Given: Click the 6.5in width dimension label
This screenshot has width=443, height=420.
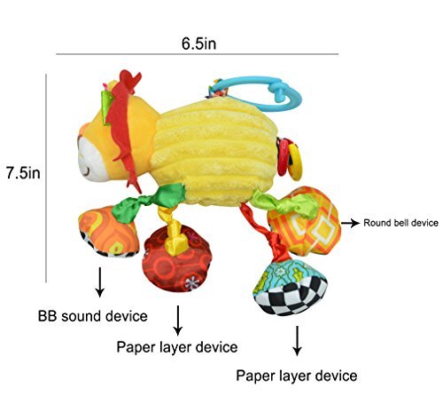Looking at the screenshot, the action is coord(198,44).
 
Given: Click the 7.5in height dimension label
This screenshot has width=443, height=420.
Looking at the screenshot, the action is coord(23,173).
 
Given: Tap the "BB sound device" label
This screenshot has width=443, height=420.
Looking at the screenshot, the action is coord(93,316).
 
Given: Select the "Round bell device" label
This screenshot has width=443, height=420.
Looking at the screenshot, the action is coord(400,223).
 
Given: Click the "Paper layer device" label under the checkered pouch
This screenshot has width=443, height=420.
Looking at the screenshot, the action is coord(297,376).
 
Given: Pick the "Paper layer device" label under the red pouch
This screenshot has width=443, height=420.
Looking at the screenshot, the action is coord(177,347).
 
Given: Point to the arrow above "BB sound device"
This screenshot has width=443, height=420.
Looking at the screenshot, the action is coord(100,282).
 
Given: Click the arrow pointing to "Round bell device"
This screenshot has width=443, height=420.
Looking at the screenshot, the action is coord(351,223).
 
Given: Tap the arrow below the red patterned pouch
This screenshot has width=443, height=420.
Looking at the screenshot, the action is coord(178,321).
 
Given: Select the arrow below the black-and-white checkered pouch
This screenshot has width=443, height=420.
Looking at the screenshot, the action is coord(297,341).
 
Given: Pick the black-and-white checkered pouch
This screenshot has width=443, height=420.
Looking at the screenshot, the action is coord(291,288).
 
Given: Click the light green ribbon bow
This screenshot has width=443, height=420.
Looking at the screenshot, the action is coord(284,202).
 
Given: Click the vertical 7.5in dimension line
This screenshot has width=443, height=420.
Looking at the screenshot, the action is coord(46,178).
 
